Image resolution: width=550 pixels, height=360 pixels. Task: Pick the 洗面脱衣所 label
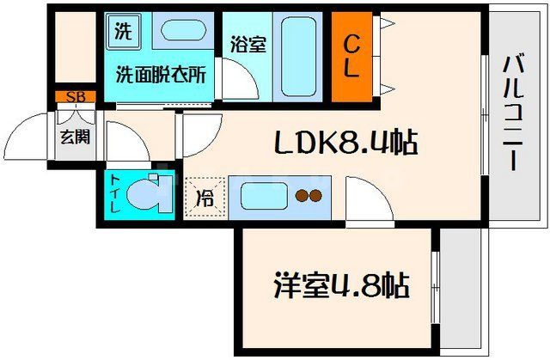[161, 75]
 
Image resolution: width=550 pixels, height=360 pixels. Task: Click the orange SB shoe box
[75, 96]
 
